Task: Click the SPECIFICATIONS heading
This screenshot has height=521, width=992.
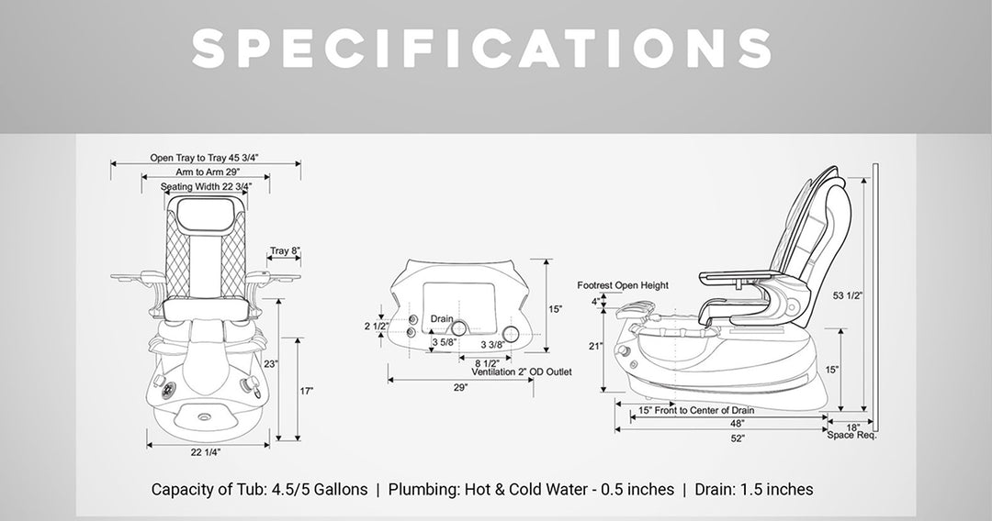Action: pyautogui.click(x=482, y=49)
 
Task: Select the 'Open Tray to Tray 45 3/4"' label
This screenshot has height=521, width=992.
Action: pyautogui.click(x=204, y=157)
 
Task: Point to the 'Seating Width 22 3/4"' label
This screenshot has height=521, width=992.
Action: pyautogui.click(x=207, y=186)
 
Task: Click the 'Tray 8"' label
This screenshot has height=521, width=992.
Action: pyautogui.click(x=285, y=250)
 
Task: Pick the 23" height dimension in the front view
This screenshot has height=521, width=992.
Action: pyautogui.click(x=271, y=364)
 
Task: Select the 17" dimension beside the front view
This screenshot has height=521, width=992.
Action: pyautogui.click(x=306, y=391)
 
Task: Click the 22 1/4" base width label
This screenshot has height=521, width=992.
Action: pyautogui.click(x=206, y=451)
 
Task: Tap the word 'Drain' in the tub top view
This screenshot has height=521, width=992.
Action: pyautogui.click(x=442, y=319)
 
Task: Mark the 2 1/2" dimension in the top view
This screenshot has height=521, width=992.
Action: pyautogui.click(x=376, y=326)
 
